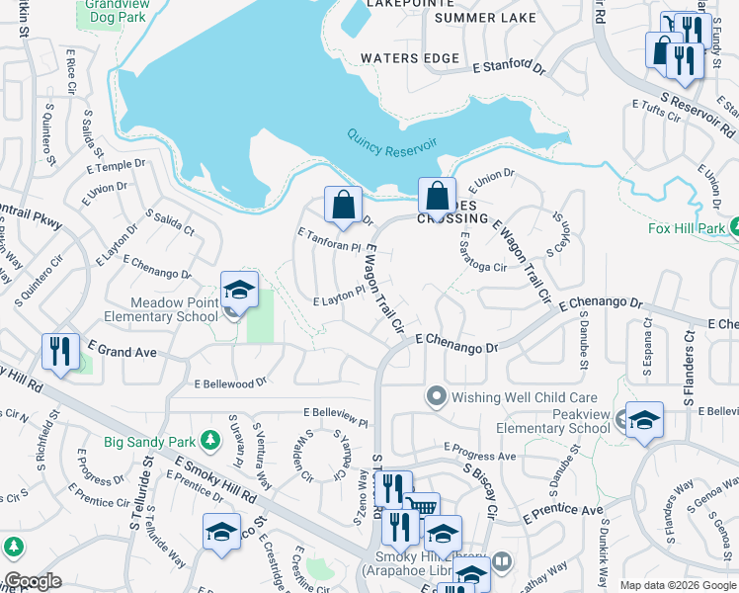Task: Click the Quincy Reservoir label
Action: click(392, 145)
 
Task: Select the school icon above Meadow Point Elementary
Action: click(239, 290)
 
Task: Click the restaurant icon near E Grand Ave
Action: click(60, 351)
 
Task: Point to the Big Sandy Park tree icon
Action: click(208, 439)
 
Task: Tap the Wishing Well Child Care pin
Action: click(436, 397)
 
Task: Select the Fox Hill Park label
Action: click(687, 228)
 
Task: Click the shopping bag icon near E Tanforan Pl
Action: click(343, 206)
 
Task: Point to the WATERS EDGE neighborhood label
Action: click(410, 58)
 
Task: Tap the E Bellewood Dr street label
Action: click(231, 381)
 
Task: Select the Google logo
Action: click(33, 581)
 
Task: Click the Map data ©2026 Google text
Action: click(677, 585)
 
